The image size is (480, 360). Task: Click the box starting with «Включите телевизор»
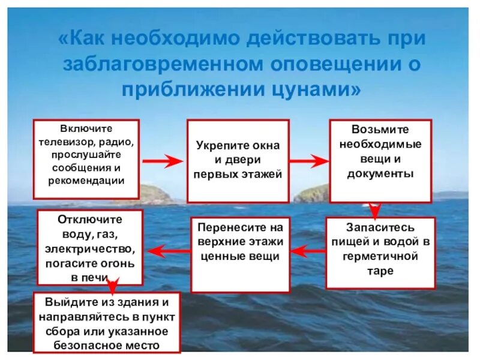click(x=86, y=159)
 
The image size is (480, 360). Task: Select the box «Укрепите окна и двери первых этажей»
click(x=238, y=161)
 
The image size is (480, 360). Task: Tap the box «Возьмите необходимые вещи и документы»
click(x=380, y=160)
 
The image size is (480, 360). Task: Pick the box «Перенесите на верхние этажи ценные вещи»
click(x=240, y=246)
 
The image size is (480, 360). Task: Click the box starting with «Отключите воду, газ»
click(x=90, y=247)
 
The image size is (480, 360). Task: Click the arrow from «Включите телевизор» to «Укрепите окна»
click(x=163, y=161)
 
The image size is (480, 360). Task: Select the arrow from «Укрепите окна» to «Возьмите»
click(x=309, y=161)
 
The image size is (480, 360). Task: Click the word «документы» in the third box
click(x=380, y=174)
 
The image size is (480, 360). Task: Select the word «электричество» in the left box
click(x=90, y=248)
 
